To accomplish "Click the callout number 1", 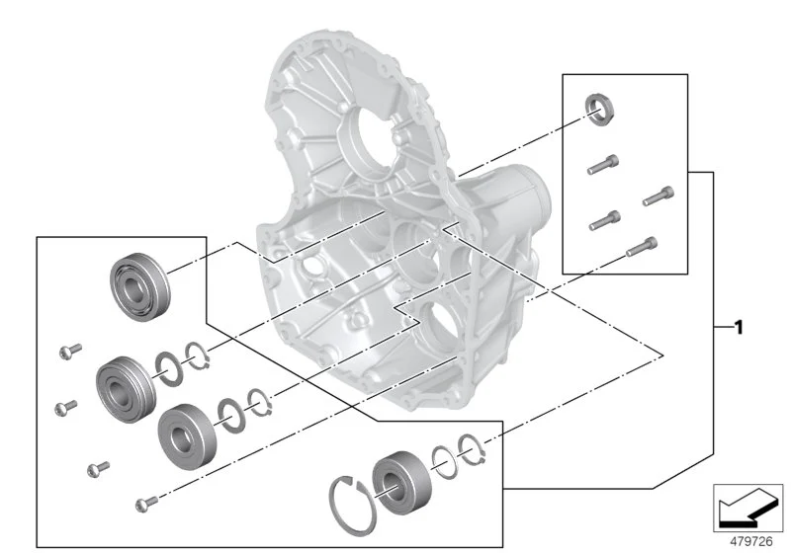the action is pos(739,328).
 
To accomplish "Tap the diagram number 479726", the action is pos(751,541).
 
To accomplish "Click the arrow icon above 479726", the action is pos(748,508).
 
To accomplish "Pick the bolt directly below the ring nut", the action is pos(603,165).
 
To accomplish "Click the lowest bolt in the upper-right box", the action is pos(642,247).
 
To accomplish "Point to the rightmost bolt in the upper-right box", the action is pos(659,196).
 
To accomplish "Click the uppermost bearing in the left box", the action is pos(139,286).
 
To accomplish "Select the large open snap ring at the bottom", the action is pos(352,506).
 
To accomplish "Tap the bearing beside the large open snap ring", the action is pos(402,483).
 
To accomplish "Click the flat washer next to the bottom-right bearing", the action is pos(444,462).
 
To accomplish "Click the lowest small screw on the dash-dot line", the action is pos(146,504).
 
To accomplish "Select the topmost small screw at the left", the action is pos(70,351).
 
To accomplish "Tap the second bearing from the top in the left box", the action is pos(126,389).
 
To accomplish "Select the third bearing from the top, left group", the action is pos(188,436).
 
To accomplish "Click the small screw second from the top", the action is pos(65,408).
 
